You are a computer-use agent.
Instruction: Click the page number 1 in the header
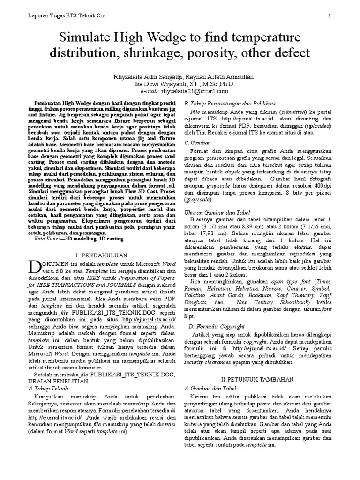click(330, 16)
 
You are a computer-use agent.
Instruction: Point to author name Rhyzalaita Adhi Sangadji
click(148, 76)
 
